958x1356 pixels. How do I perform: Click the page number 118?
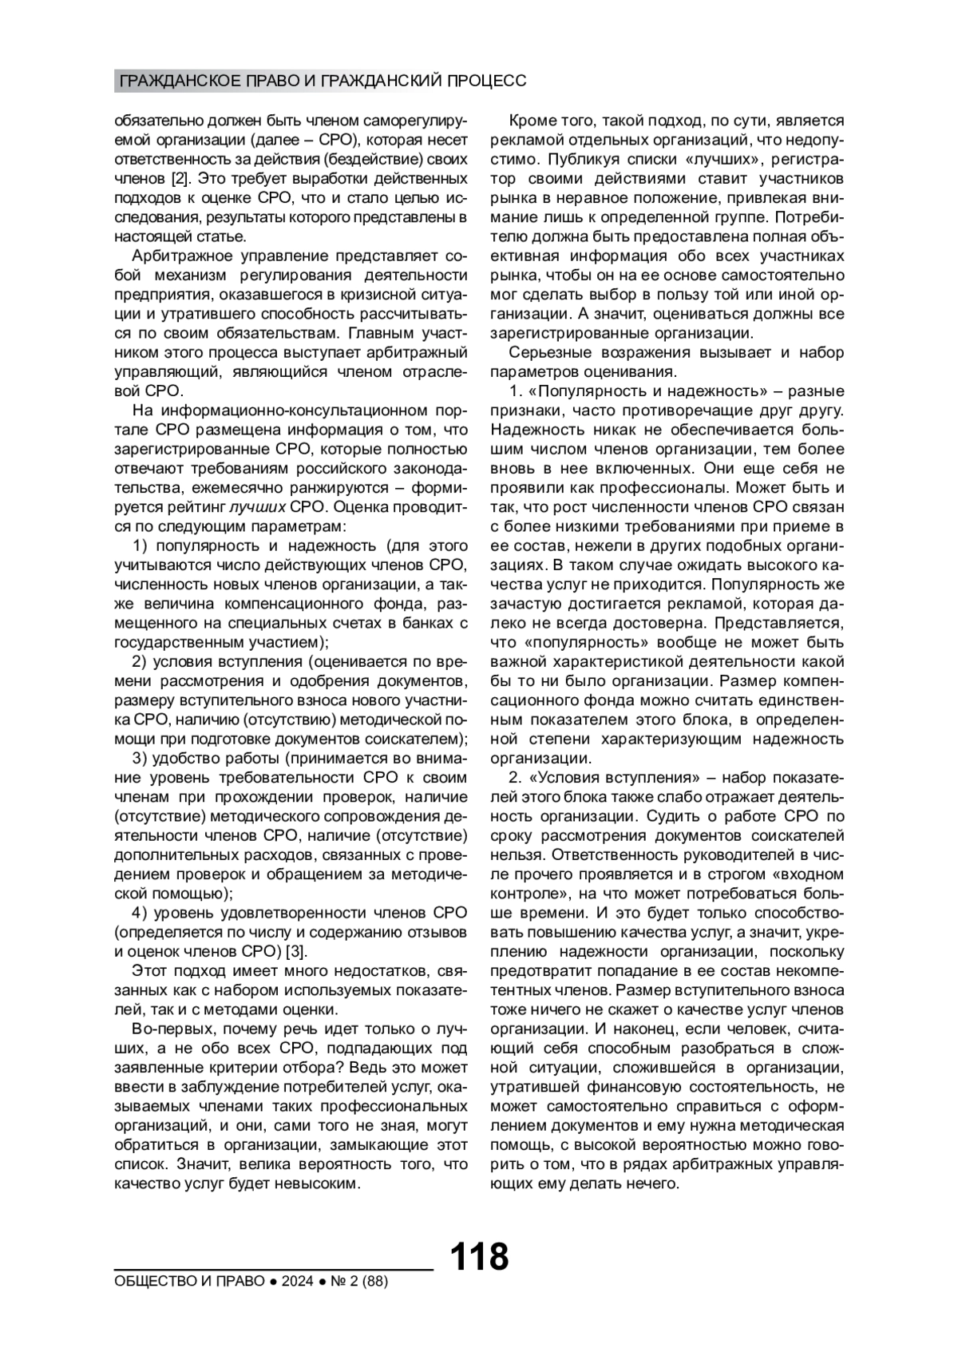click(x=479, y=1257)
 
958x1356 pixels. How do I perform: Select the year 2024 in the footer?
click(x=296, y=1282)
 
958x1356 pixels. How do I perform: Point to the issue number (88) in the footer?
click(x=374, y=1282)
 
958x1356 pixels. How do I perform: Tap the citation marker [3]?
click(x=295, y=951)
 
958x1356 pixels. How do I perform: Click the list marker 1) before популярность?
click(x=141, y=545)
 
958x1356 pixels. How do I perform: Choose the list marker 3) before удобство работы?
click(x=141, y=758)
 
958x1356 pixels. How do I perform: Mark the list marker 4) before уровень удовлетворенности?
click(x=141, y=913)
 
